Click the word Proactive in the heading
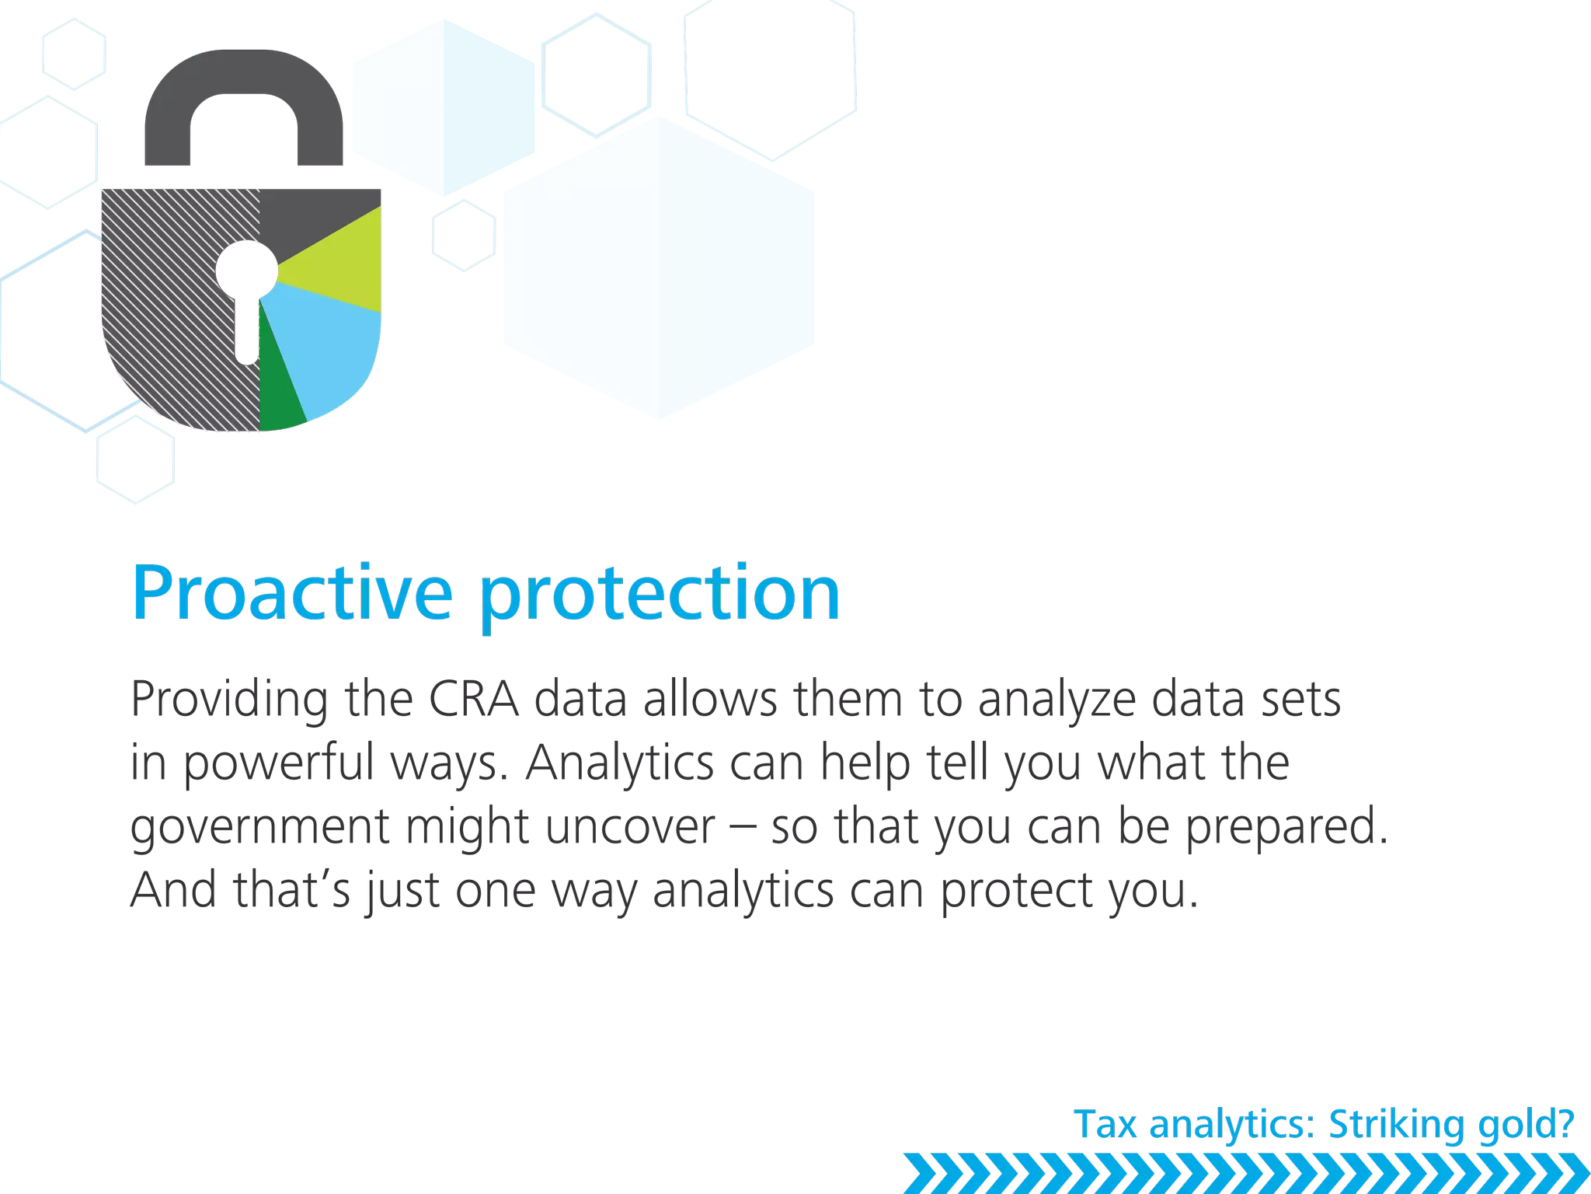(x=292, y=592)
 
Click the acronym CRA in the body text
(x=473, y=699)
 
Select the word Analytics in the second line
(x=619, y=763)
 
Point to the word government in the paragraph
(x=259, y=829)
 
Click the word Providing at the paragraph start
(x=230, y=700)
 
